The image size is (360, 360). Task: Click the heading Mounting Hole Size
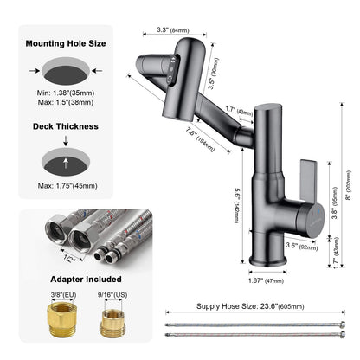(66, 42)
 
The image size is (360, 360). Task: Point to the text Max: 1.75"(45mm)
(66, 187)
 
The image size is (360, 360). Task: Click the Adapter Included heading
(66, 280)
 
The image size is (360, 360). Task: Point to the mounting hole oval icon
(66, 68)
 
